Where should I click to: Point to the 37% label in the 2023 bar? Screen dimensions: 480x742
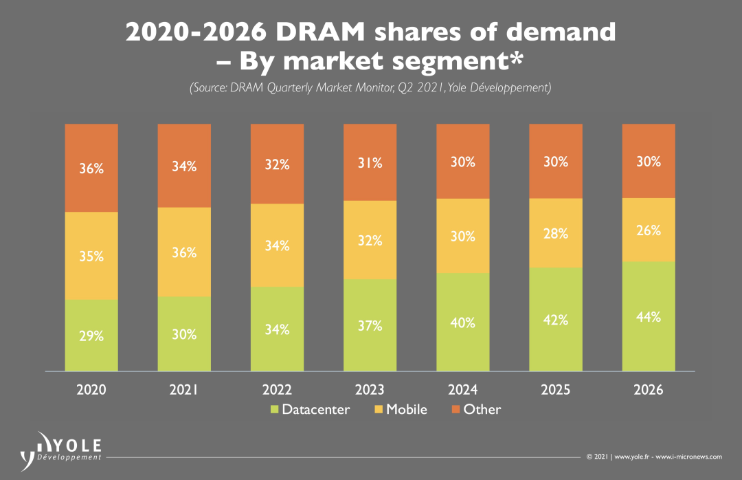coord(370,326)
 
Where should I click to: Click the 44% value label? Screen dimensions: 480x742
coord(649,317)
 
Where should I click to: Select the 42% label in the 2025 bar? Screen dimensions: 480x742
coord(555,320)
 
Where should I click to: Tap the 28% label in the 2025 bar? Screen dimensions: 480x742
coord(555,234)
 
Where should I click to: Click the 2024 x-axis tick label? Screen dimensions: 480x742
coord(462,390)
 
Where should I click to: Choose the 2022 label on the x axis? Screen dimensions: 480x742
coord(277,390)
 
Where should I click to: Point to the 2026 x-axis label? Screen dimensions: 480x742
coord(649,390)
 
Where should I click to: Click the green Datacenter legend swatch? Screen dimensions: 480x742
coord(274,410)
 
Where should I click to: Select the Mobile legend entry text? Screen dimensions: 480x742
coord(406,410)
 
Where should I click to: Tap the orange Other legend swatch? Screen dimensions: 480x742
coord(456,410)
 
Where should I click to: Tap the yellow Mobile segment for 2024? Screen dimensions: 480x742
coord(462,236)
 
